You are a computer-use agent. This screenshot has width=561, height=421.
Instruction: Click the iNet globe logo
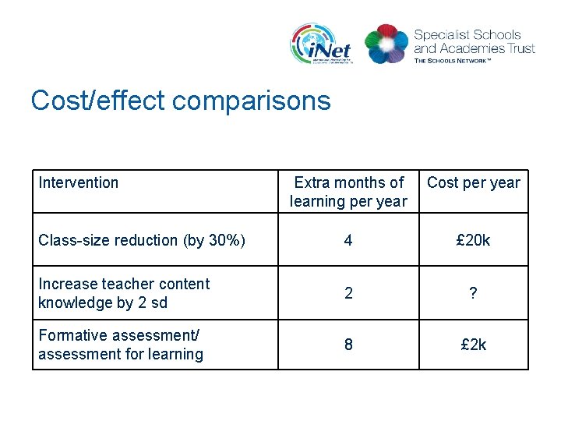click(320, 44)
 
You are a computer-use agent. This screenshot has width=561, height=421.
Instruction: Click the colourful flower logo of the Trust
click(386, 44)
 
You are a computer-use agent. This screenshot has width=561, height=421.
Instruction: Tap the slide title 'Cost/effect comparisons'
click(181, 101)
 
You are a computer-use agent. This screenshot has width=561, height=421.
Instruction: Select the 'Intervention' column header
click(79, 182)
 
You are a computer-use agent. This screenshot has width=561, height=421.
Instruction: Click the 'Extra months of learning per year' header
click(348, 192)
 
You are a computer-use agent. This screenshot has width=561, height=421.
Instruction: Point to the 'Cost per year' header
click(474, 182)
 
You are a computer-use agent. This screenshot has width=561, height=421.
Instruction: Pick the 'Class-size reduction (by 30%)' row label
click(142, 240)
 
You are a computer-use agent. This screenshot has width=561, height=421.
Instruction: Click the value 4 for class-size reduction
click(348, 240)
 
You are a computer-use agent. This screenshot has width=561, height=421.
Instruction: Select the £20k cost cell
click(474, 240)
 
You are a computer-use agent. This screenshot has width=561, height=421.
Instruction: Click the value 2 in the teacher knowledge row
click(348, 293)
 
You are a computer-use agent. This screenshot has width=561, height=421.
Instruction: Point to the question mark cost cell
click(474, 293)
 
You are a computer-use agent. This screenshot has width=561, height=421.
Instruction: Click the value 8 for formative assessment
click(348, 345)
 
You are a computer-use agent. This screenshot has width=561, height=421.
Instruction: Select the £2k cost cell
click(474, 345)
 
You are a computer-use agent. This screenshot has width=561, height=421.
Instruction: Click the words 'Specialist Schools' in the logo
click(467, 34)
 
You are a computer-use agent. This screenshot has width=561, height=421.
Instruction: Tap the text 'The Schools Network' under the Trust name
click(464, 60)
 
